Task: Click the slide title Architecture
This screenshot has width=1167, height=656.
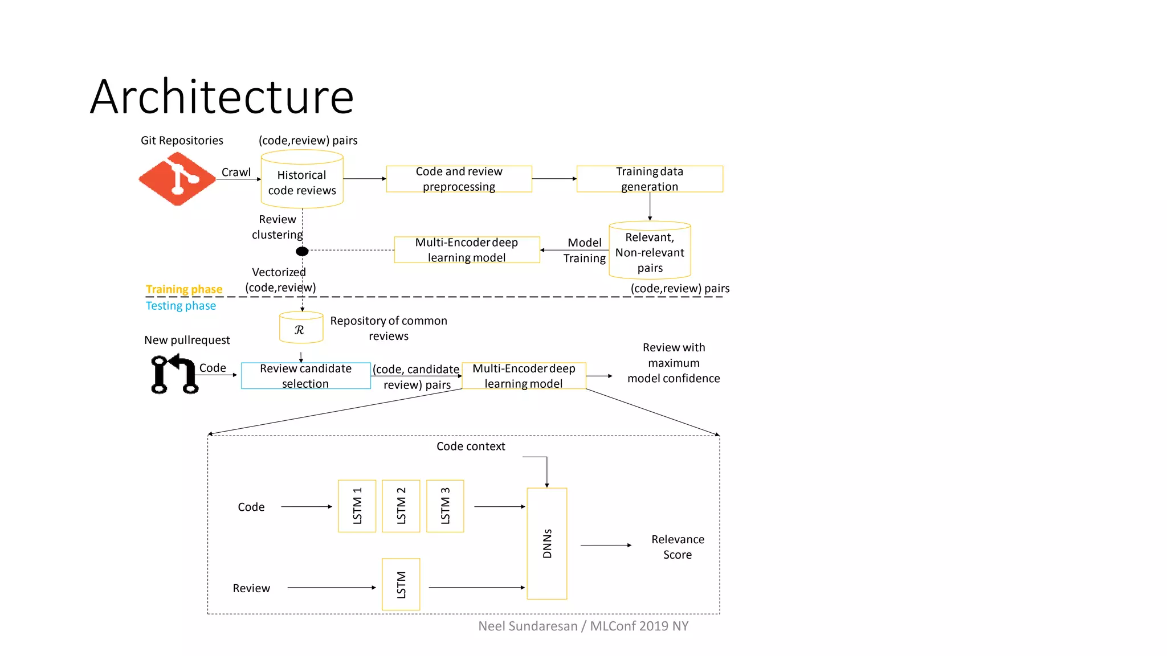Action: pos(222,97)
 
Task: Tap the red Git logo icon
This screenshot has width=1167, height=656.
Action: pos(177,179)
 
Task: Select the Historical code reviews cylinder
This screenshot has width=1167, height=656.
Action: pos(302,181)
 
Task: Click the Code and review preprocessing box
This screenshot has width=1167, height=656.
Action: pos(459,179)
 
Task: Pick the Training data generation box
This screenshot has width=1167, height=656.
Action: pos(650,179)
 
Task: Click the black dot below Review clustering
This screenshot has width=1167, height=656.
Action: pos(302,251)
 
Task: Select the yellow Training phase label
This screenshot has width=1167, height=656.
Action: pos(184,289)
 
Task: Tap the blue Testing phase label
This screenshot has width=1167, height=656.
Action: pos(181,306)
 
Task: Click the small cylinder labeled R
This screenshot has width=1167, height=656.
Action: pos(301,329)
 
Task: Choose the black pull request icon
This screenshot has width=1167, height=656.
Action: pos(174,374)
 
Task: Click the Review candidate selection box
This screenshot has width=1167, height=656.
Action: pos(306,376)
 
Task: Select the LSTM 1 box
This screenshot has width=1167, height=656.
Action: pos(357,506)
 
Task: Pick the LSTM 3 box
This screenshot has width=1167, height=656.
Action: pos(445,506)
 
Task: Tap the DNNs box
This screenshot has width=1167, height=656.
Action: pos(547,543)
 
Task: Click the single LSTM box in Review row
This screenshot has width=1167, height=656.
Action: pos(401,584)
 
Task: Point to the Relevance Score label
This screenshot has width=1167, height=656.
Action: pos(678,547)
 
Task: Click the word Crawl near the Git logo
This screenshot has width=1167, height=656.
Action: pos(236,172)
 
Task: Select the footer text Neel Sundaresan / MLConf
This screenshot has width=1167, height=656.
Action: pos(583,626)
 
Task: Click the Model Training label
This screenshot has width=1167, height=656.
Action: pos(585,251)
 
